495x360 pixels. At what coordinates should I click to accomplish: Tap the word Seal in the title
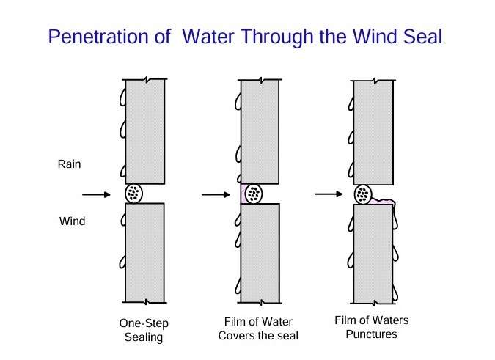coord(419,36)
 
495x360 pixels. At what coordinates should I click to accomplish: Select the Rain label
coord(69,164)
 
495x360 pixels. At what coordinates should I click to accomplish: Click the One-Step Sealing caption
coord(140,329)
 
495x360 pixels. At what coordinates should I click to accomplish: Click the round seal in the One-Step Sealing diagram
coord(135,194)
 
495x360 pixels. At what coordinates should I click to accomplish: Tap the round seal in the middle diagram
coord(254,194)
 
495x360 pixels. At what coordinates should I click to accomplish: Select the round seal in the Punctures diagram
coord(363,194)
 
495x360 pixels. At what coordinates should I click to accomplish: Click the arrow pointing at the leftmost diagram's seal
coord(97,194)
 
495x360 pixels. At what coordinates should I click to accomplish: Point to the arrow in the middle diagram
coord(216,194)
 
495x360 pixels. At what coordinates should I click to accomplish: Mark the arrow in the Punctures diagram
coord(328,194)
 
